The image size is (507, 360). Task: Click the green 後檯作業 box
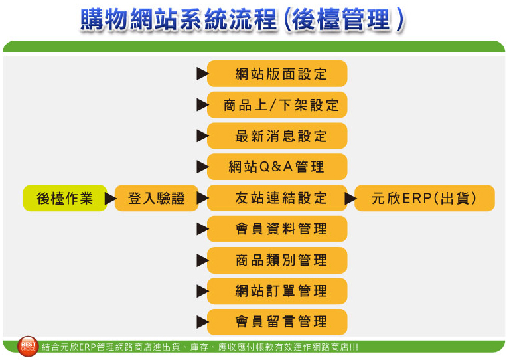pos(64,198)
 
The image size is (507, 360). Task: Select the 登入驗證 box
pos(156,198)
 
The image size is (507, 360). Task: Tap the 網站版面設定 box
pos(277,74)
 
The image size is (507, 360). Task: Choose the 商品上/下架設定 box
pos(277,105)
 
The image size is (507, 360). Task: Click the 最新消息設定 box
pos(277,136)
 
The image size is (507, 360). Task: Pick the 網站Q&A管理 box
pos(277,167)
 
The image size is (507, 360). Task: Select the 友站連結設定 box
pos(277,198)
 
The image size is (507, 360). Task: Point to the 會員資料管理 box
pos(277,229)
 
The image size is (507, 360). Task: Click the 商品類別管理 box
pos(277,260)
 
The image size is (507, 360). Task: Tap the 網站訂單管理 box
pos(277,291)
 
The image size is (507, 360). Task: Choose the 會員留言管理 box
pos(277,322)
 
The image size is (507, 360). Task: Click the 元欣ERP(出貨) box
pos(424,198)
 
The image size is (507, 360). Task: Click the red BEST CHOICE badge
pos(28,345)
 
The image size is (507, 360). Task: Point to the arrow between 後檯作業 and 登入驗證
pos(111,198)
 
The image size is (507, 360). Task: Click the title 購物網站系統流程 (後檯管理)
pos(242,20)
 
